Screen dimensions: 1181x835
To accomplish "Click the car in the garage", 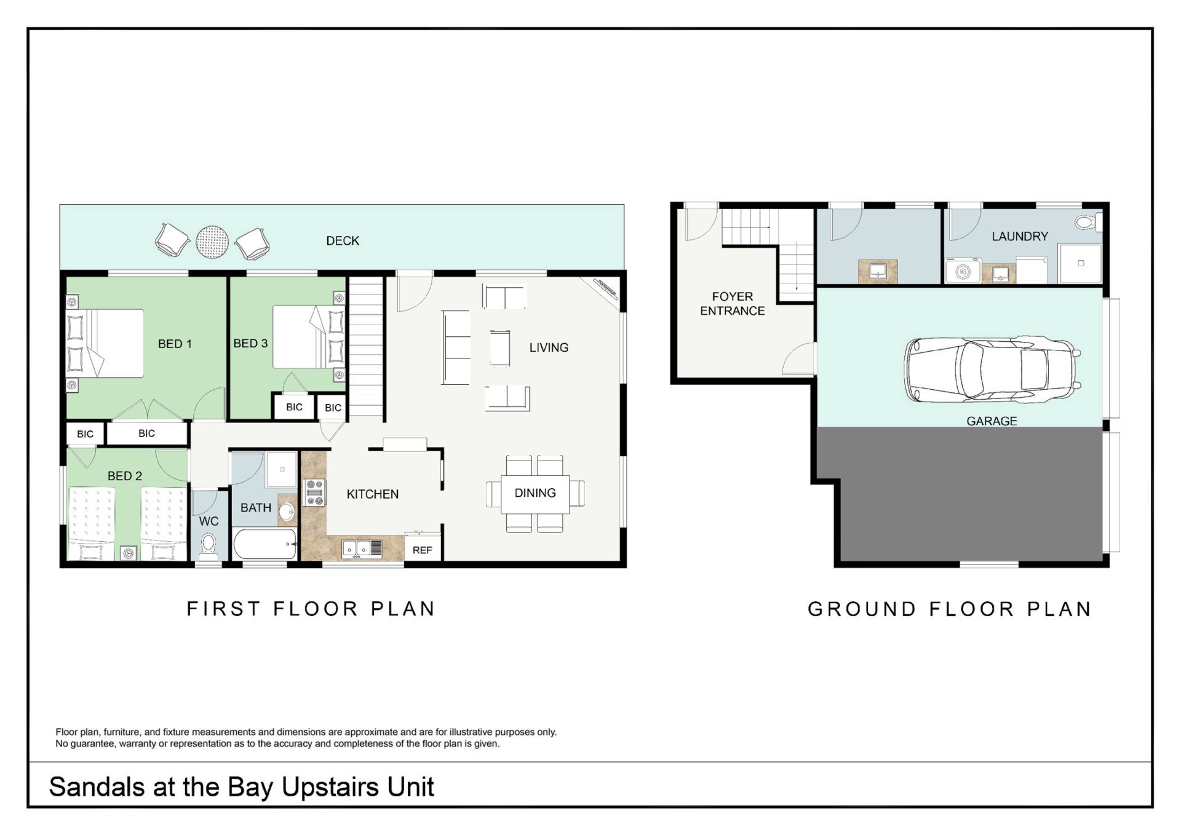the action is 992,370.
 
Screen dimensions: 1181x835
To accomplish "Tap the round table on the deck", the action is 212,242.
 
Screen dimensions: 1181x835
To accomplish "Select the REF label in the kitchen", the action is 422,550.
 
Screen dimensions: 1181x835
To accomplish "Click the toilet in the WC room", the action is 209,547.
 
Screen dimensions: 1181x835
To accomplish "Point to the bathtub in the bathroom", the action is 265,544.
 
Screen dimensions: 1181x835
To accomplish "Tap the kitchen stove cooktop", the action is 314,493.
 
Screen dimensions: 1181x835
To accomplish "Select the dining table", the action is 535,494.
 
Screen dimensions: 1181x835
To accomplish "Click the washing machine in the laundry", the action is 963,271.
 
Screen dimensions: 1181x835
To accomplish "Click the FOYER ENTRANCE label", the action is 732,304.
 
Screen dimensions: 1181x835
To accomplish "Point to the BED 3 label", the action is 250,343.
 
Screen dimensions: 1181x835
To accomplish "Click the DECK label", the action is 343,241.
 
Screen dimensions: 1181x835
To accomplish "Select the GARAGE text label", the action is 992,421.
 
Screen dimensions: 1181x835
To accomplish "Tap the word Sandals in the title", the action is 98,787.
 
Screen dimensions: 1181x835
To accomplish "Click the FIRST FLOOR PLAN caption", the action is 311,609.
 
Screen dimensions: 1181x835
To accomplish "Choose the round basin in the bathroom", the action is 287,511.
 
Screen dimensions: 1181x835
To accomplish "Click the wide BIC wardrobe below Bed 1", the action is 147,433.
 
